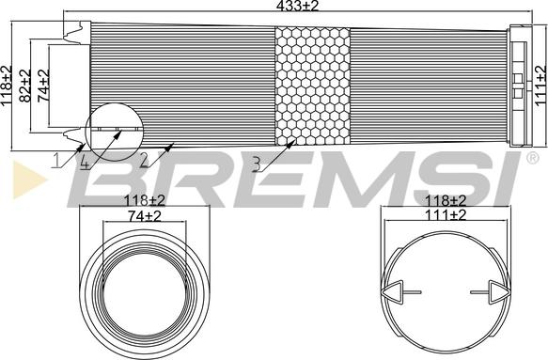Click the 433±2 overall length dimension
(x=297, y=6)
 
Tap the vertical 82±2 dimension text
(x=24, y=86)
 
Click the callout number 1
(x=56, y=161)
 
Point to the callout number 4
(x=85, y=162)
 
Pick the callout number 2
(x=144, y=161)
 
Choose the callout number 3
(x=257, y=164)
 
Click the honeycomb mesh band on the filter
(x=312, y=86)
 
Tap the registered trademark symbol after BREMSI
(x=532, y=158)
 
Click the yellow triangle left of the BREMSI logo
(x=29, y=180)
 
